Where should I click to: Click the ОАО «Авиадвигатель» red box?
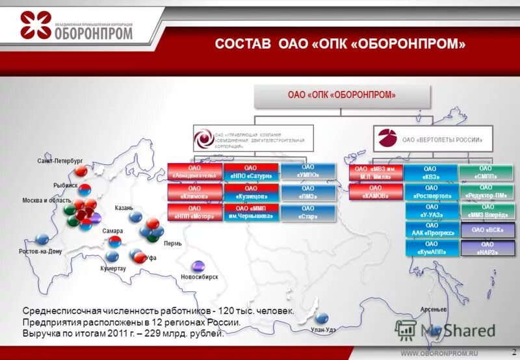point(194,172)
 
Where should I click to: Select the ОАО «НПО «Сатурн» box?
point(250,172)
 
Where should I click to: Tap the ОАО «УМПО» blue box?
point(308,171)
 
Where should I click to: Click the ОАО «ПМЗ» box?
point(308,192)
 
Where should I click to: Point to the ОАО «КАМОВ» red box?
point(375,192)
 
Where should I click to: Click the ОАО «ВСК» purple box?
point(487,229)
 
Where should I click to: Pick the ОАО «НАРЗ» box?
point(487,248)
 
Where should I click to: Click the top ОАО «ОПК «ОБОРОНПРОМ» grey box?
point(342,96)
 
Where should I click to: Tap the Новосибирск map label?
point(200,277)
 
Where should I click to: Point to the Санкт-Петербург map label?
point(60,160)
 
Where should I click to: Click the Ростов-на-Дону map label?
point(40,251)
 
